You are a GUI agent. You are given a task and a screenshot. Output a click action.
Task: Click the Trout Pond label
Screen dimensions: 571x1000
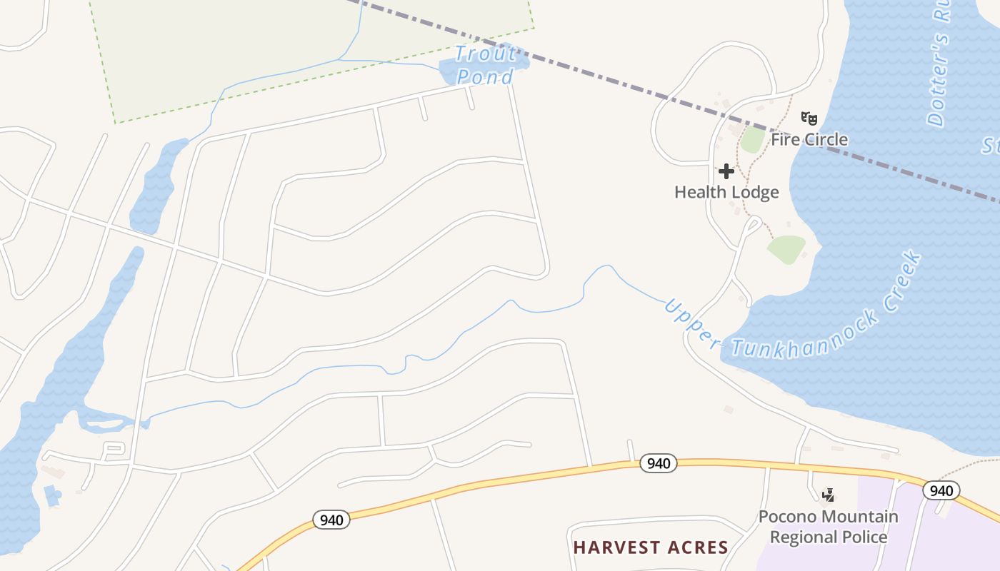(485, 65)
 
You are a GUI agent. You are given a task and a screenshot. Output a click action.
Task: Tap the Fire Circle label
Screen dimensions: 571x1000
(809, 139)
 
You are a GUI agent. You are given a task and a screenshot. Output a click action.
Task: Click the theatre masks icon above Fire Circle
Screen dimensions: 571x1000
(809, 118)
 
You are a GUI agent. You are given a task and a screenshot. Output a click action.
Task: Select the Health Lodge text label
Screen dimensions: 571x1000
(726, 192)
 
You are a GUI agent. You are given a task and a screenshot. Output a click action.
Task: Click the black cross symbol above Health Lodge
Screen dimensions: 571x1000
(726, 171)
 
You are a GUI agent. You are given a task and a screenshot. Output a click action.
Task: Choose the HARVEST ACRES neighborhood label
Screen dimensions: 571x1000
(651, 547)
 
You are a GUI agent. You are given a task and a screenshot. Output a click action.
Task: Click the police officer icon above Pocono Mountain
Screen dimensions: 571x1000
(829, 494)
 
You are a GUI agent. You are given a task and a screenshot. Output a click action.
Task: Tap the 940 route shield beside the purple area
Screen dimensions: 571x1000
(941, 490)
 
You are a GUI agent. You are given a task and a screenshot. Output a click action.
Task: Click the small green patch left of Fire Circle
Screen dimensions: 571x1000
(752, 139)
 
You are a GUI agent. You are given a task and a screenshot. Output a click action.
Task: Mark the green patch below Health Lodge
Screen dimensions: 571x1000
(786, 248)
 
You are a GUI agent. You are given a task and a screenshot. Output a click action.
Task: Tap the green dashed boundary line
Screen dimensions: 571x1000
(321, 76)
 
